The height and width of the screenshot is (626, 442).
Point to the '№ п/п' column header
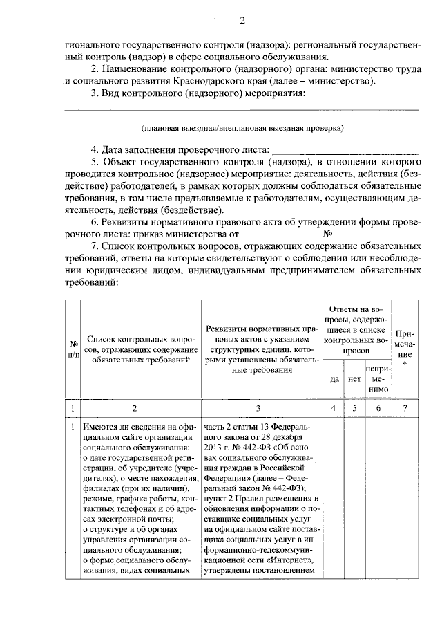pyautogui.click(x=73, y=349)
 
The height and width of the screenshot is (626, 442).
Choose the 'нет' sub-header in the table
pyautogui.click(x=354, y=379)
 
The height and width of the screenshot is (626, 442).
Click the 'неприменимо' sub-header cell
pyautogui.click(x=379, y=380)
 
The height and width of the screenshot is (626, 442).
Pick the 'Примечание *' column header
pyautogui.click(x=405, y=348)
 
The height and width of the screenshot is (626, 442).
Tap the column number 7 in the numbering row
pyautogui.click(x=405, y=409)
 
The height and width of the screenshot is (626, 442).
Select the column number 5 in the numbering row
pyautogui.click(x=354, y=409)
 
